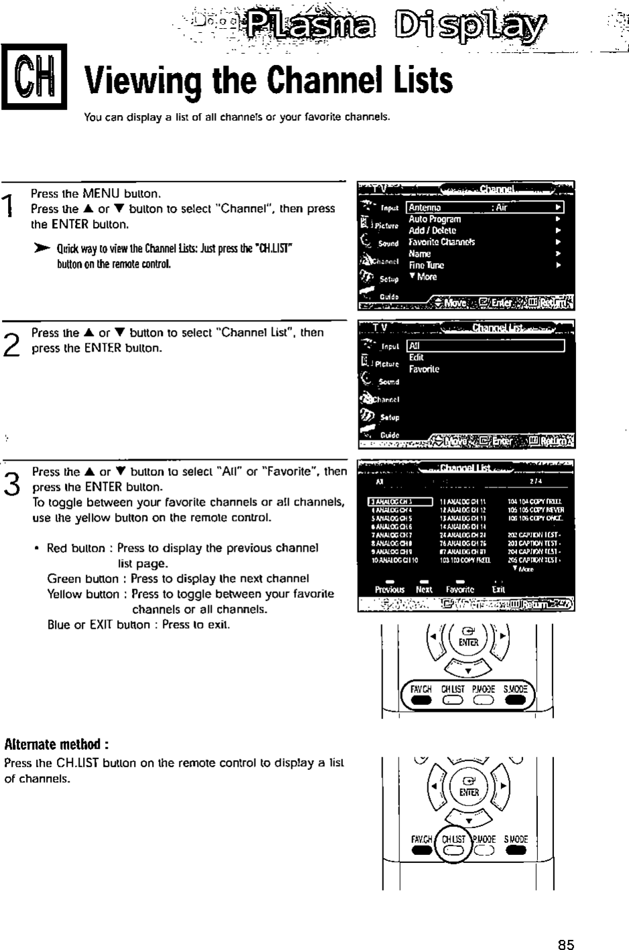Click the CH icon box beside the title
point(33,76)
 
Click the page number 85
point(566,944)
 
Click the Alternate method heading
point(56,744)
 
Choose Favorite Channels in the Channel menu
point(441,242)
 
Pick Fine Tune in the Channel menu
point(426,265)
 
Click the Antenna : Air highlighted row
point(484,208)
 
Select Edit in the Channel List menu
point(416,358)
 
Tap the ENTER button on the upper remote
point(468,637)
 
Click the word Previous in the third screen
point(389,590)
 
